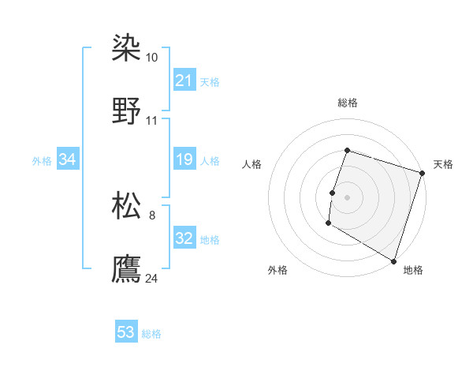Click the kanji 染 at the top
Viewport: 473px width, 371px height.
pyautogui.click(x=126, y=50)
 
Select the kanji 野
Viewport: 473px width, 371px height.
pyautogui.click(x=126, y=112)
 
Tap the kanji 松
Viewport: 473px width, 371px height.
pyautogui.click(x=126, y=207)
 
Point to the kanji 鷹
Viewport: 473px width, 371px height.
pyautogui.click(x=126, y=269)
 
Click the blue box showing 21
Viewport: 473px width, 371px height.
pyautogui.click(x=184, y=81)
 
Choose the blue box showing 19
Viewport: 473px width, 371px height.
pyautogui.click(x=184, y=160)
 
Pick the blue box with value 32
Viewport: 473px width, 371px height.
pyautogui.click(x=184, y=238)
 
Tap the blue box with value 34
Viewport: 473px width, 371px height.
pyautogui.click(x=68, y=160)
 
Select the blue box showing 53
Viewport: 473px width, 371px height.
pyautogui.click(x=126, y=332)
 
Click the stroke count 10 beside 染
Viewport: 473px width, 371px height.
pyautogui.click(x=151, y=58)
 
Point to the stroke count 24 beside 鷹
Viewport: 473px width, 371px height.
pyautogui.click(x=151, y=278)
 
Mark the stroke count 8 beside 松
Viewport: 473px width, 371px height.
pyautogui.click(x=151, y=215)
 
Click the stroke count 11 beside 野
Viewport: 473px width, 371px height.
pyautogui.click(x=151, y=121)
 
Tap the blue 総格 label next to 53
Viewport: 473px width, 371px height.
pyautogui.click(x=151, y=334)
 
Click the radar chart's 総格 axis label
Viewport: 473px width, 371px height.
pyautogui.click(x=347, y=103)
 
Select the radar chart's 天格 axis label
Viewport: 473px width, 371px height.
pyautogui.click(x=443, y=164)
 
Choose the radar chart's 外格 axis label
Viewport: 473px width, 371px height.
pyautogui.click(x=277, y=271)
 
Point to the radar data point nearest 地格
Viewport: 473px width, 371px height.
pyautogui.click(x=393, y=260)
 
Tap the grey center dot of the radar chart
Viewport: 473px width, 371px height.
pyautogui.click(x=347, y=197)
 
